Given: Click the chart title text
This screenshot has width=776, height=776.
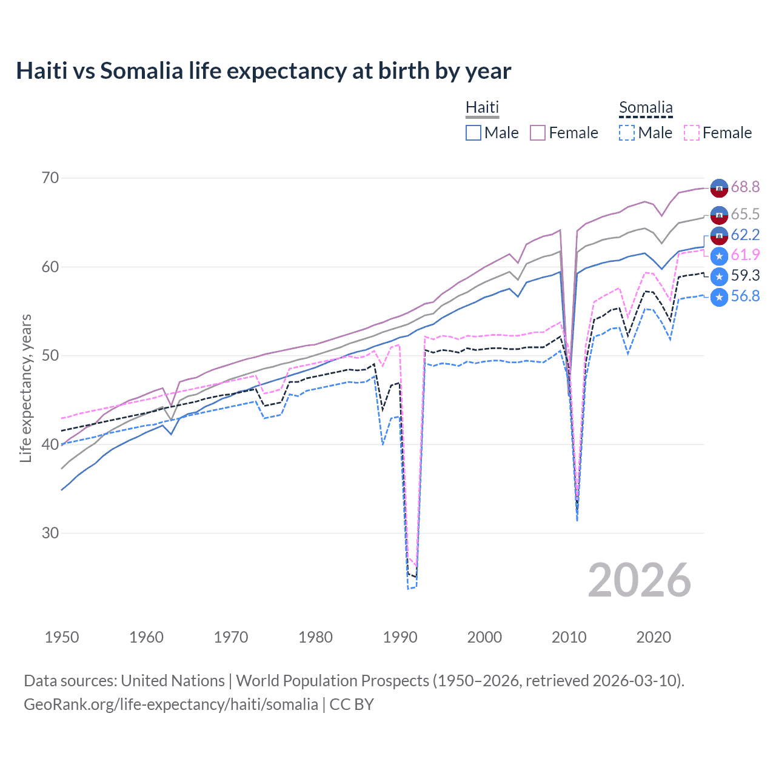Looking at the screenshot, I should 264,71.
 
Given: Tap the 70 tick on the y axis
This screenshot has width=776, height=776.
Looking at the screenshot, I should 50,178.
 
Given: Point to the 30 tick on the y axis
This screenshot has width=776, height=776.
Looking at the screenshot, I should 50,533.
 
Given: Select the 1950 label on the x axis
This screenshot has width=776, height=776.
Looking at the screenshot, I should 62,637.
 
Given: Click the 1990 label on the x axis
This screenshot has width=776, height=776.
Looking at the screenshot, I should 400,637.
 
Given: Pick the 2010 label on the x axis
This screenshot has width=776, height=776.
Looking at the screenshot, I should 569,637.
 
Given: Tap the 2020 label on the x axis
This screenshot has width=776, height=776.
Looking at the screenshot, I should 654,637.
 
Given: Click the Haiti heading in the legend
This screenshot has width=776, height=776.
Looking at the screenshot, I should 482,107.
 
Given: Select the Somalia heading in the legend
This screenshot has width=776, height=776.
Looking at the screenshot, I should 646,108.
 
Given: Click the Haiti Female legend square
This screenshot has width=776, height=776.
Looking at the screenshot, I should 538,133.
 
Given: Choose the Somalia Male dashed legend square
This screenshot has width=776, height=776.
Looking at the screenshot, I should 627,133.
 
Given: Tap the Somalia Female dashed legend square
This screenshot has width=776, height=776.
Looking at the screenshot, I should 691,133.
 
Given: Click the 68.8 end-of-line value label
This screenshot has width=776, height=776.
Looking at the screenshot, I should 745,187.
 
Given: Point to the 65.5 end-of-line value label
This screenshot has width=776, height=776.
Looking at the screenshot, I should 745,214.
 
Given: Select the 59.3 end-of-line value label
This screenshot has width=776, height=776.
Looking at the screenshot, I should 745,275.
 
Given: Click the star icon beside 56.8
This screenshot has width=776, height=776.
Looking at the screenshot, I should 719,297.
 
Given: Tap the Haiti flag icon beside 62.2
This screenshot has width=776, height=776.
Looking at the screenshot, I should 719,235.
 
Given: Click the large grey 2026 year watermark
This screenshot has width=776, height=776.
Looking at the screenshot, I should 640,580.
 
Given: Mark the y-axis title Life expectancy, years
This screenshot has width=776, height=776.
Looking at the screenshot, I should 25,388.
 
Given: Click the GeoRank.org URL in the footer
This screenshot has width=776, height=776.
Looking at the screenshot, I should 171,704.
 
